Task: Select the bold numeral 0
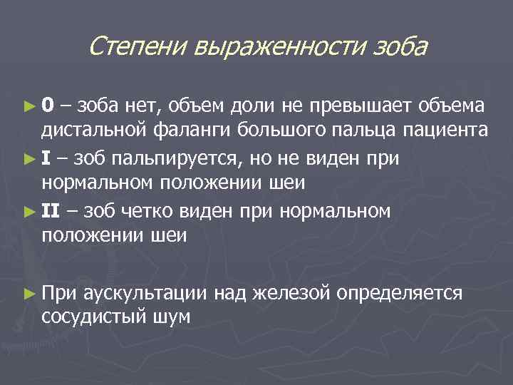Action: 46,106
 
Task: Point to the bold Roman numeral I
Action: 46,158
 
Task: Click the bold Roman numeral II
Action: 51,210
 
